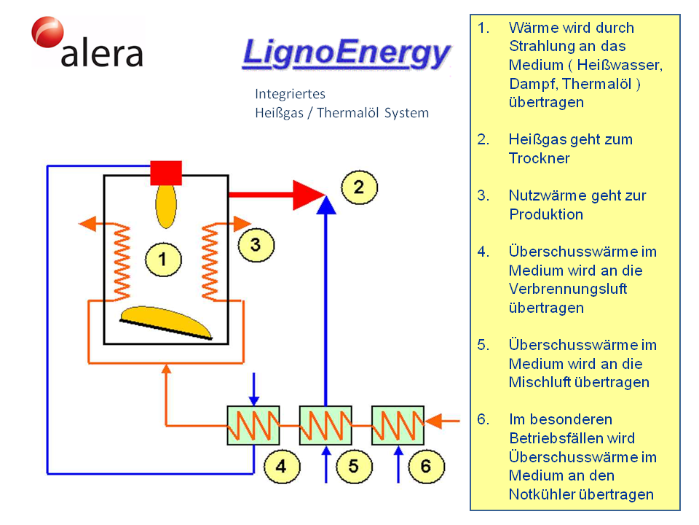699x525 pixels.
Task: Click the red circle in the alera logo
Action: [47, 34]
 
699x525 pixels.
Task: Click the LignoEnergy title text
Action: [346, 54]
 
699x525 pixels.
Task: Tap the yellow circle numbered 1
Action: [162, 258]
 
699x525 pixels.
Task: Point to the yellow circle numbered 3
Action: [255, 244]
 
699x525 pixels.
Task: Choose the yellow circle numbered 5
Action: [353, 467]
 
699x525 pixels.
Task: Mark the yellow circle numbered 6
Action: [426, 467]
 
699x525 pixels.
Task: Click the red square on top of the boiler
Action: [166, 172]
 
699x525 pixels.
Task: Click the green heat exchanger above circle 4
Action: [254, 425]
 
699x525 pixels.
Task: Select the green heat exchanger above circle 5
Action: [325, 425]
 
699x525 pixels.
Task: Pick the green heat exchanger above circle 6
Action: [398, 425]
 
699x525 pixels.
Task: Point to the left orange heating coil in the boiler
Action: [119, 262]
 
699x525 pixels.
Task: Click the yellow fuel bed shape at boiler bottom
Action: [167, 322]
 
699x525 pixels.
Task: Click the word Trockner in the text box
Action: [539, 158]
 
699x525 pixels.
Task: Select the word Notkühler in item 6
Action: [543, 494]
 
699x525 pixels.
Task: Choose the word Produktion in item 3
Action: [546, 214]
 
